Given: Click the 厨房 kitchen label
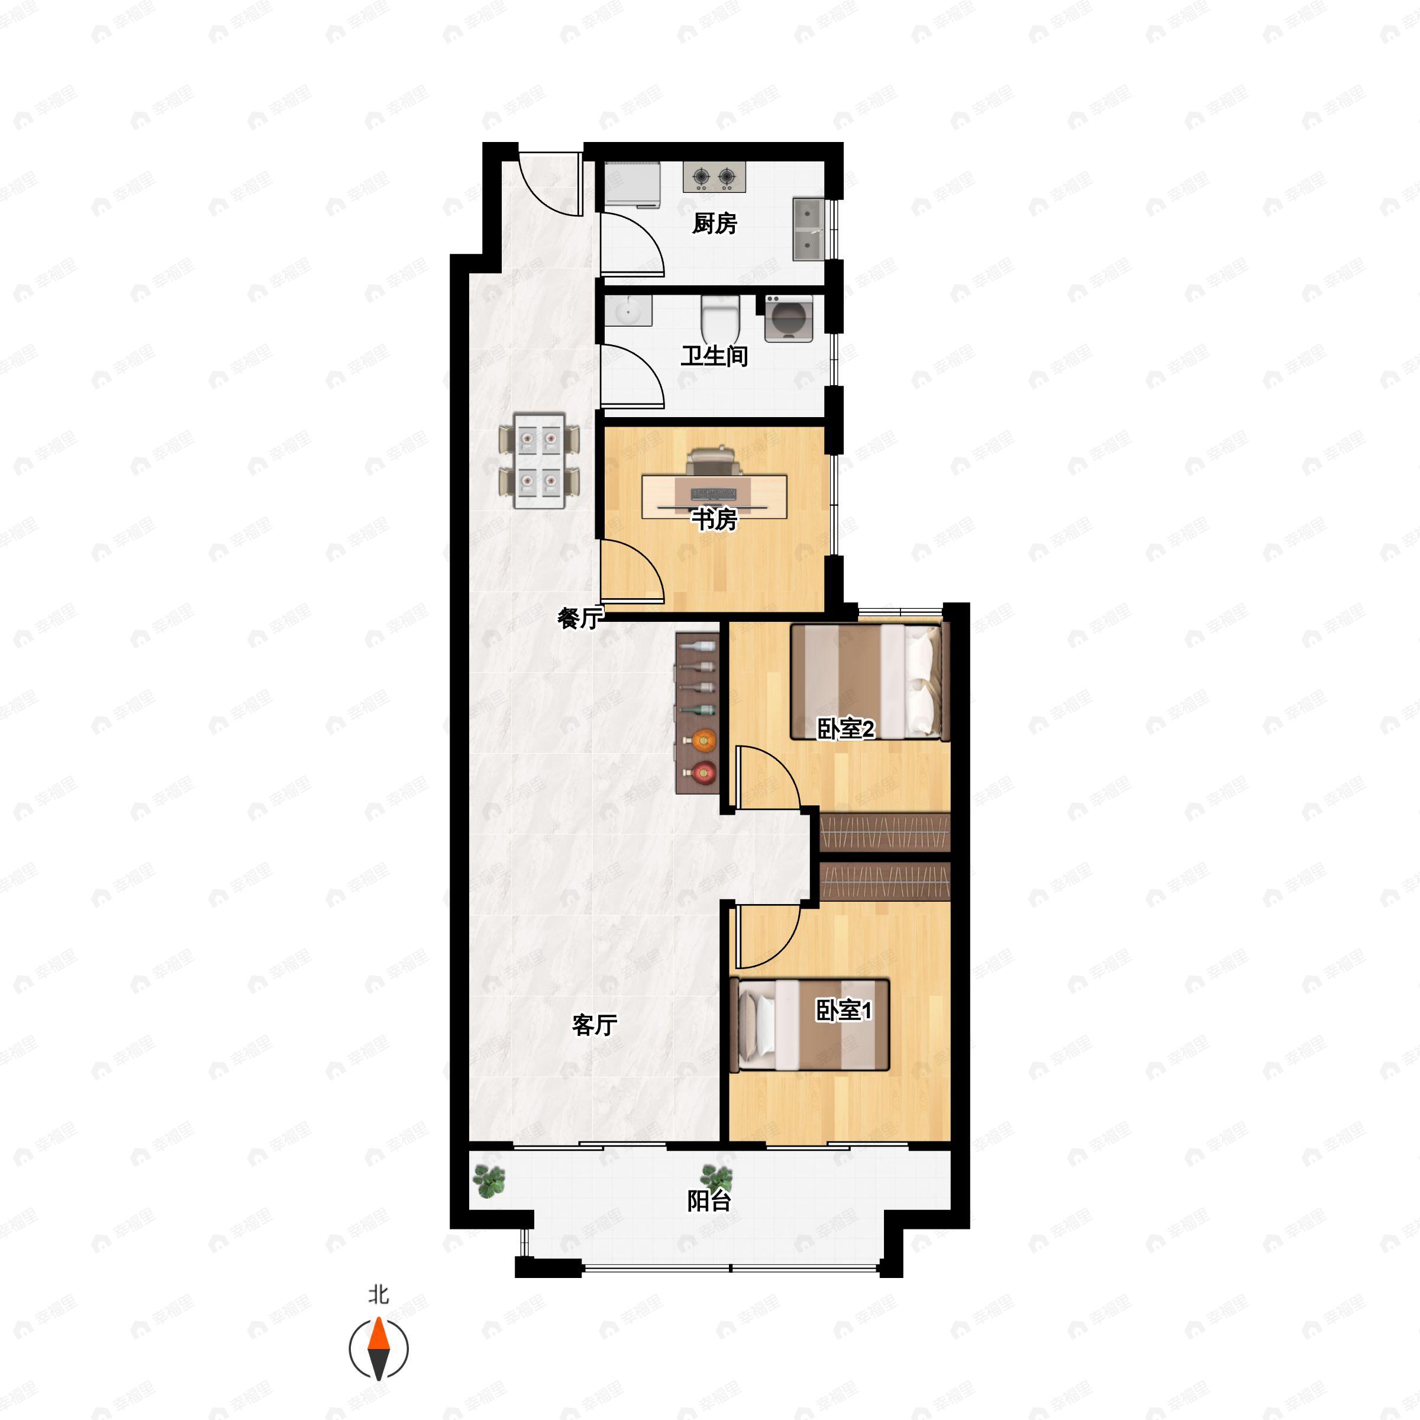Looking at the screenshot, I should tap(714, 224).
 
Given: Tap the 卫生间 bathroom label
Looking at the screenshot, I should tap(714, 356).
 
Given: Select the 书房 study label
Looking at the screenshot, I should tap(714, 519).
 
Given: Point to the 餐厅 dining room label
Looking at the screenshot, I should tap(579, 618).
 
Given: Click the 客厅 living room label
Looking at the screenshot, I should tap(594, 1025).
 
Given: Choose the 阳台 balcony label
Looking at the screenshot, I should tap(709, 1201).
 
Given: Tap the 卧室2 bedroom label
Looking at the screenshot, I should tap(845, 729).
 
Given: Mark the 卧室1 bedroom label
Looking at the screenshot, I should tap(844, 1011).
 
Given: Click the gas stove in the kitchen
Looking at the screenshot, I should tap(714, 177).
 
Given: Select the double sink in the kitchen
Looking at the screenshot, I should tap(808, 228).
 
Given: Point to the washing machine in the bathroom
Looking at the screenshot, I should tap(789, 319).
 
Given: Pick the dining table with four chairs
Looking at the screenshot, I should tap(539, 461).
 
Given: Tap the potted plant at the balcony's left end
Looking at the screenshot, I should tap(488, 1181).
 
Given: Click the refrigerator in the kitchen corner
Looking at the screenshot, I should tap(632, 185).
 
